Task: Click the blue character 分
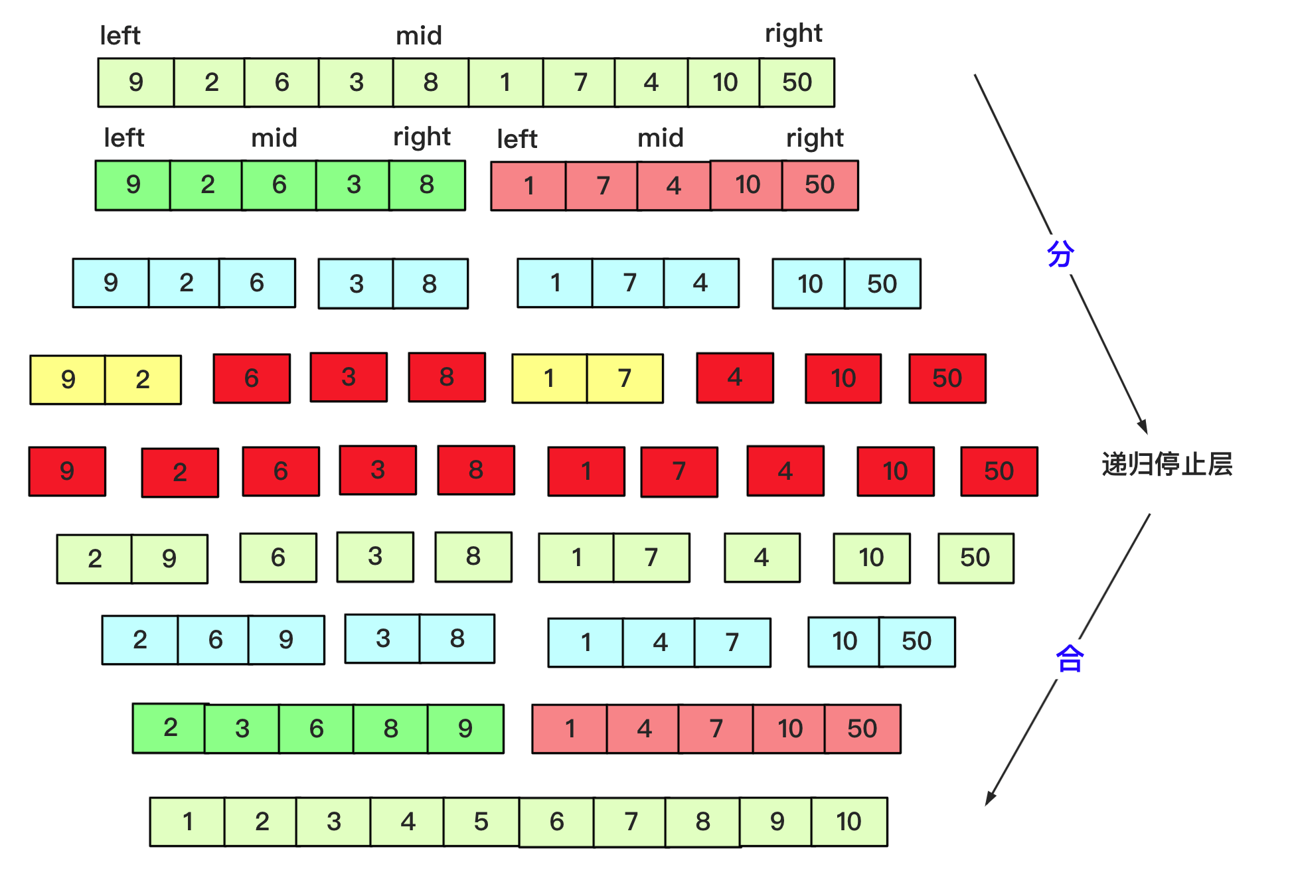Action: click(x=1060, y=254)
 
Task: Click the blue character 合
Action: click(x=1070, y=659)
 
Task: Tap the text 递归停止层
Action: click(x=1167, y=465)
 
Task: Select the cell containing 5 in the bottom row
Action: click(x=481, y=822)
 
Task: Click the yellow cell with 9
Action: click(x=68, y=380)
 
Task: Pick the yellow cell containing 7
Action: click(x=625, y=378)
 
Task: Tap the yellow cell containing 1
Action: click(x=549, y=378)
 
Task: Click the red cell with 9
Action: click(x=67, y=471)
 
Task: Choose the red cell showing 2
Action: click(x=180, y=473)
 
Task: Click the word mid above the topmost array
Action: click(x=419, y=36)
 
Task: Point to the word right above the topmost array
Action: click(x=793, y=34)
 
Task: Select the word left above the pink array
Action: click(x=517, y=139)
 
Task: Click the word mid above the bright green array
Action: click(x=274, y=138)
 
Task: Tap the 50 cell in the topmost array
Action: click(x=797, y=82)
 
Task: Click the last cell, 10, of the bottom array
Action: click(x=849, y=822)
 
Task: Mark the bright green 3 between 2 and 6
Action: click(x=242, y=729)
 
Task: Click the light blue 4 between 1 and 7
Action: click(x=659, y=642)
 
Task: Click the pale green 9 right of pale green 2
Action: click(x=169, y=559)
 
